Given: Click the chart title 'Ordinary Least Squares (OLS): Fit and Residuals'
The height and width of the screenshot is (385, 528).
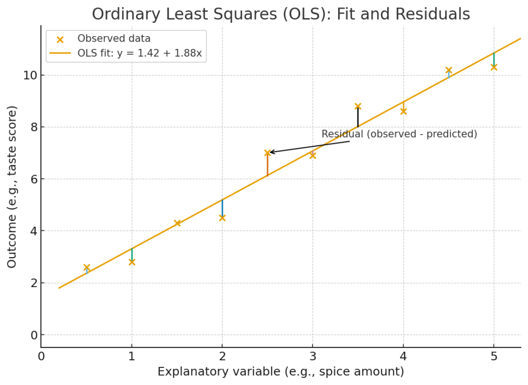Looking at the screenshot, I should tap(280, 14).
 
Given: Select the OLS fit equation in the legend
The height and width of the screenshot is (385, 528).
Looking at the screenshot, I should tap(139, 53).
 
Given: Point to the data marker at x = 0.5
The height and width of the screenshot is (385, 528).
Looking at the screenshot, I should tap(87, 267).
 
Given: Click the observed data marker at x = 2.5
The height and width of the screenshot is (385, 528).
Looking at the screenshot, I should tap(268, 153).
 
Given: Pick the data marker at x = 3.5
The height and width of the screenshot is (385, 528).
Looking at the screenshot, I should tap(358, 106).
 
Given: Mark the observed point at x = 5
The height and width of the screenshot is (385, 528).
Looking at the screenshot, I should tap(493, 67).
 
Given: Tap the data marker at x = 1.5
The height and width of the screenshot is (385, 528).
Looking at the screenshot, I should tap(177, 223).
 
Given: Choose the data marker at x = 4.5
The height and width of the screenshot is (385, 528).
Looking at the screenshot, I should tap(449, 70).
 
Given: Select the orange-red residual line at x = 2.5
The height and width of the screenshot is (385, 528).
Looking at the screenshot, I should tap(268, 165).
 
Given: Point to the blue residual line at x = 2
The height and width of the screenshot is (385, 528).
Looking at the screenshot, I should tap(222, 208).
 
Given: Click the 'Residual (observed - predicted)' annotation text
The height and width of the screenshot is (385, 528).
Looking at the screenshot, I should tap(399, 134).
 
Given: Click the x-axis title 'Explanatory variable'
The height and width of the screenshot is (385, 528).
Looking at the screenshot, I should tap(280, 372).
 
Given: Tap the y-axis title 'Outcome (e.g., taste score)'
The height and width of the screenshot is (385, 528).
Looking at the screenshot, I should tap(12, 187).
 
